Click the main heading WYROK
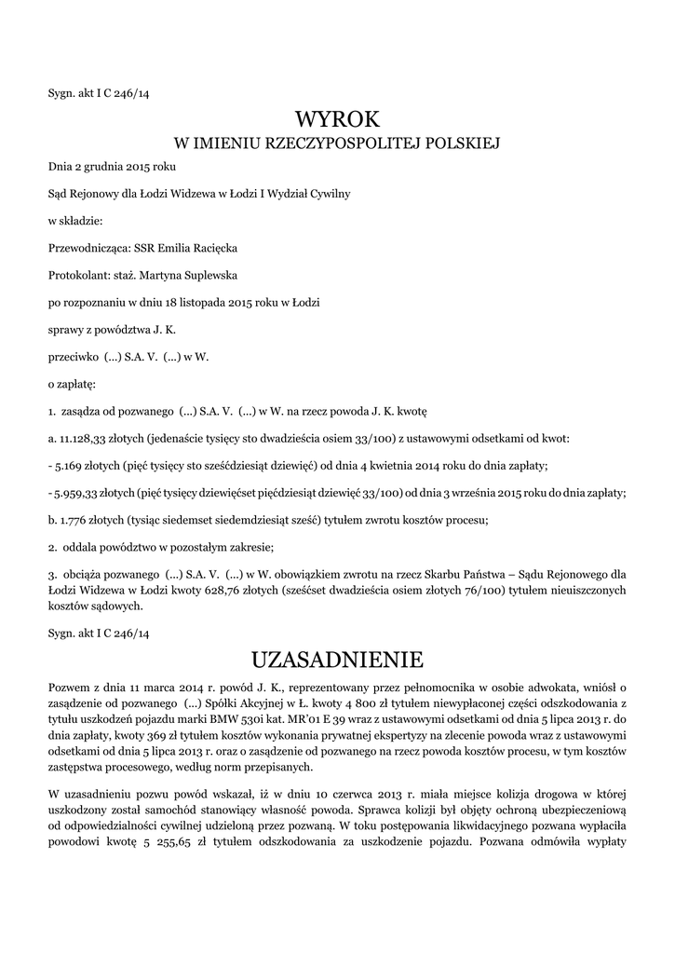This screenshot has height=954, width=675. [x=337, y=118]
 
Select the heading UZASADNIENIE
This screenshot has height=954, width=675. [x=337, y=660]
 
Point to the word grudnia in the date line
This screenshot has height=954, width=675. [x=104, y=167]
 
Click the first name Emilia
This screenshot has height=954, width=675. [x=178, y=249]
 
